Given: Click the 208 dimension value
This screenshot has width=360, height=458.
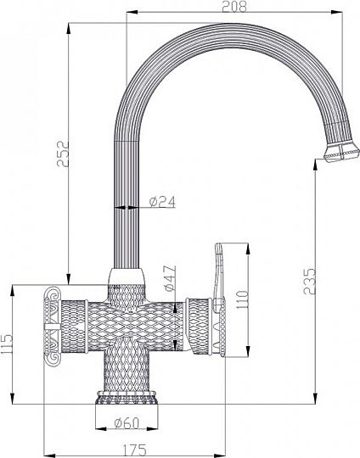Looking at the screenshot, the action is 234,7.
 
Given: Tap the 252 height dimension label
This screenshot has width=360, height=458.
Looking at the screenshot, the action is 63,154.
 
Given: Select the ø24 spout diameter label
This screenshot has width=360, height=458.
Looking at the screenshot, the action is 162,202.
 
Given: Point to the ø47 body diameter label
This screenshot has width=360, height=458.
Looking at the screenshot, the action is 170,278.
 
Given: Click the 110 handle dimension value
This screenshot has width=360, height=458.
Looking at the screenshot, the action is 242,300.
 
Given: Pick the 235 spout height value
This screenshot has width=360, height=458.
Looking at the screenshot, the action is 309,282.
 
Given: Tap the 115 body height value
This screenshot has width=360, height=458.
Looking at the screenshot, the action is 7,344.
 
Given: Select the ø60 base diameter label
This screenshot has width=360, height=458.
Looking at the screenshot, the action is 127,423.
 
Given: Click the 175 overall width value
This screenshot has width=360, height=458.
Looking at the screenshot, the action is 134,450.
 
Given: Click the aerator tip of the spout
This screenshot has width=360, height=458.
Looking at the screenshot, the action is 342,152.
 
